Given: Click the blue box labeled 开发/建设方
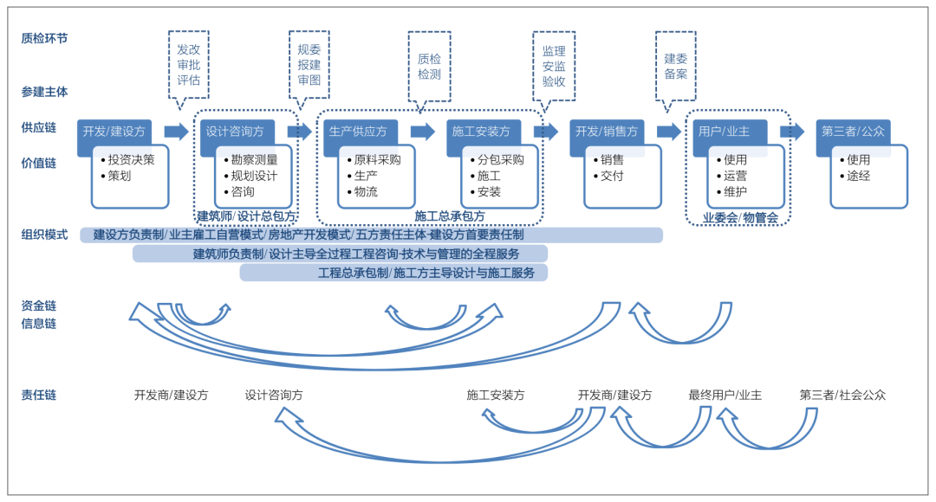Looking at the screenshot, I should tap(114, 132).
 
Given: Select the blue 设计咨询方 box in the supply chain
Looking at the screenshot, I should tap(236, 132).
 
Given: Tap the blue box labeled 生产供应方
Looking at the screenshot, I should tap(359, 132).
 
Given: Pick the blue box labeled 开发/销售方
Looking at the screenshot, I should tap(607, 132).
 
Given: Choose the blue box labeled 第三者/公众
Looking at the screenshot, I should tap(853, 132).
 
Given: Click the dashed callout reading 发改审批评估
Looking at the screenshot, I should tap(188, 65).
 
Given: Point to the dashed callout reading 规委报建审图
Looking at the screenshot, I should tap(309, 65).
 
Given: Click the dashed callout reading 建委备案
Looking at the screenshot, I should tap(676, 66).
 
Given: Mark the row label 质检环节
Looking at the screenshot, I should tap(44, 38).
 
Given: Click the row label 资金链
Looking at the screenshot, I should tap(39, 306).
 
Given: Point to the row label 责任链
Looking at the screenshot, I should tap(39, 395).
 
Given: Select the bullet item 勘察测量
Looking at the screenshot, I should tap(250, 160).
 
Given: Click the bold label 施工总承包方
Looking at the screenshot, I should tap(449, 216).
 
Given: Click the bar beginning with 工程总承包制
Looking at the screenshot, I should tap(393, 273).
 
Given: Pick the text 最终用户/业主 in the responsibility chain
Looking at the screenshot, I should tap(725, 395).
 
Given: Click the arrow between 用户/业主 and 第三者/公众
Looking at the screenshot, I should tap(791, 132).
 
